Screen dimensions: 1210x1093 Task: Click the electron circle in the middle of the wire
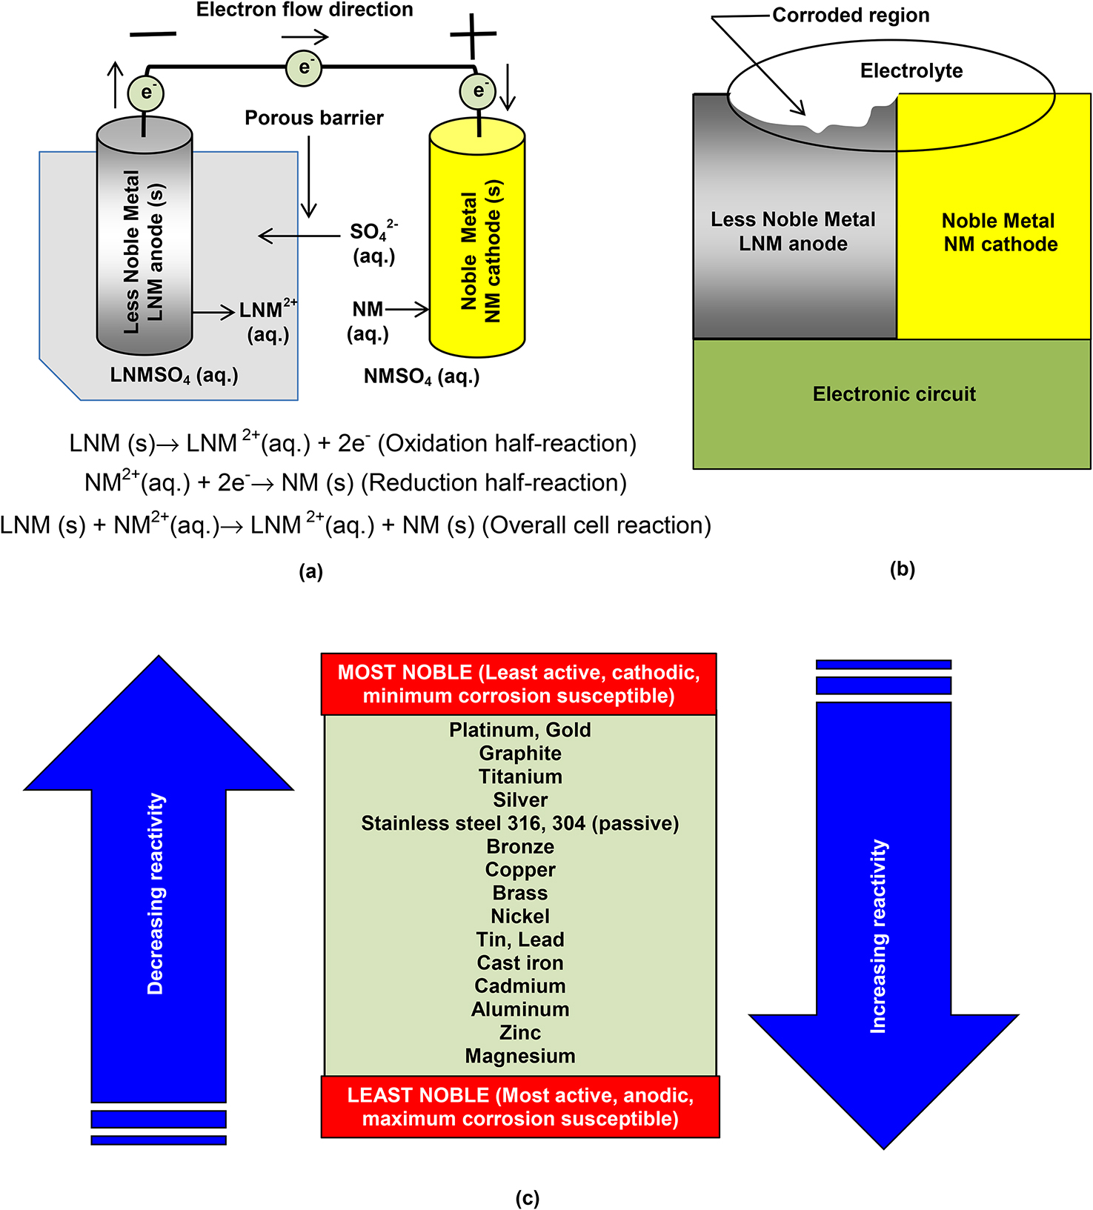304,67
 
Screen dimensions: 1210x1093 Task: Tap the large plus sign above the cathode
473,35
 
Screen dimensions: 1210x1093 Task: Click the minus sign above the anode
153,34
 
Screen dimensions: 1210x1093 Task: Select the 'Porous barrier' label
314,118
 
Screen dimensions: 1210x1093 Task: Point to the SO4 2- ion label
373,233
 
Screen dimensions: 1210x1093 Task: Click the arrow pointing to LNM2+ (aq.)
214,313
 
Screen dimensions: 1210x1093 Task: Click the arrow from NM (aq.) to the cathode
407,310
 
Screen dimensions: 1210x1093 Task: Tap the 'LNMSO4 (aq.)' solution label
174,376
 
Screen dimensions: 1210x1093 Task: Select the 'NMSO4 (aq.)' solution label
422,377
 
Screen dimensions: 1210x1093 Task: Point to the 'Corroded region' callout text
851,16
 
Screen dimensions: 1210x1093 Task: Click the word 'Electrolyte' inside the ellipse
911,71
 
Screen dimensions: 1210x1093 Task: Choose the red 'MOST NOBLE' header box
519,684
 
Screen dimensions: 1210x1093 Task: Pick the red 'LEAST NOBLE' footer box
520,1107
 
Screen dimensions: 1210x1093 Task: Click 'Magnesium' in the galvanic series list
520,1056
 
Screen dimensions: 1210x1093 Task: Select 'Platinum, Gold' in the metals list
520,730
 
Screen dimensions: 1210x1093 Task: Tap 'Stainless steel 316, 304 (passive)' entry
520,823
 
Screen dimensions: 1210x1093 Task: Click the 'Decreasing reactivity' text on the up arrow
156,894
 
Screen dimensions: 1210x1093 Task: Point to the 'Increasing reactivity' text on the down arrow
879,937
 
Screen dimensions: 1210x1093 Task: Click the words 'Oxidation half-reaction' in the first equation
508,444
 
